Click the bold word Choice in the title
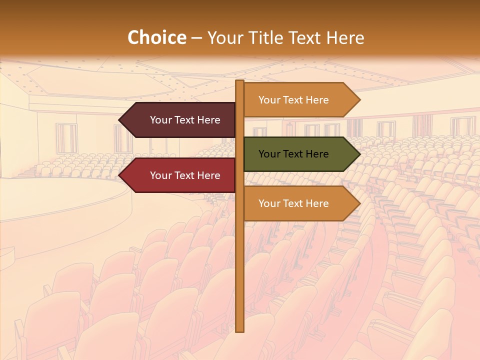tap(156, 38)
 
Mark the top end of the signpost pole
tap(239, 81)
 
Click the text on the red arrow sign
tap(185, 175)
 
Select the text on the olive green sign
tap(293, 154)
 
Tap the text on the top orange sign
tap(293, 100)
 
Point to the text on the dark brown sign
tap(185, 120)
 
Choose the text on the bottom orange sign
tap(293, 203)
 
